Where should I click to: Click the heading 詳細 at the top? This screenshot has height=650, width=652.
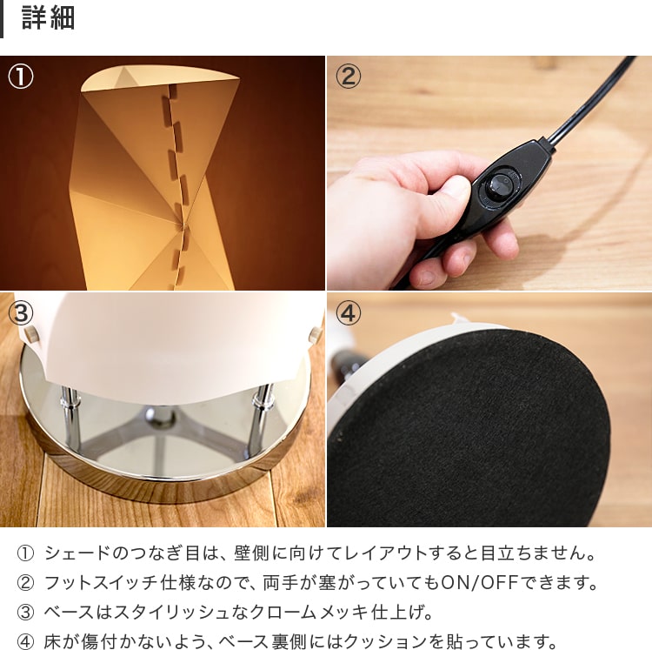[48, 18]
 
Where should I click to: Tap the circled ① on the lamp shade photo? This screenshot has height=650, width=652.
[21, 77]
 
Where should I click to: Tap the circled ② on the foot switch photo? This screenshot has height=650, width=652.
[348, 77]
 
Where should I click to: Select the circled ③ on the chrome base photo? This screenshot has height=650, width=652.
[21, 313]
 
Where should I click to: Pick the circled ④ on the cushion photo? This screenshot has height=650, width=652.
[348, 313]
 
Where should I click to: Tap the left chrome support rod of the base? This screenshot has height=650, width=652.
[71, 419]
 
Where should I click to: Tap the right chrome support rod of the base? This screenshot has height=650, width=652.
[259, 420]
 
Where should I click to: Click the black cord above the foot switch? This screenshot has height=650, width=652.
[589, 100]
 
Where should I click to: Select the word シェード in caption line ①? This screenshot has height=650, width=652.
[77, 553]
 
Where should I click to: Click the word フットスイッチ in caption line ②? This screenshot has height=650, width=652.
[102, 583]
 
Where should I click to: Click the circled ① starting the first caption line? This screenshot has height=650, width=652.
[25, 553]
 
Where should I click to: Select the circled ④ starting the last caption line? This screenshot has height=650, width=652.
[25, 641]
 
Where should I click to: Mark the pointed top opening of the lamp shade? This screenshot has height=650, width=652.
[160, 78]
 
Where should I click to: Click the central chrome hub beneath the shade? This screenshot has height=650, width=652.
[161, 417]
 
